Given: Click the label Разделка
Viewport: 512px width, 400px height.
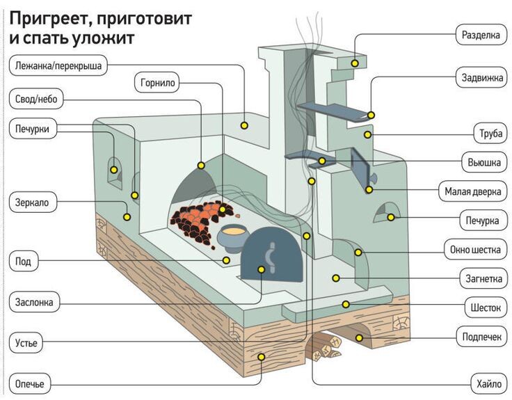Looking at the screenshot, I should coord(481,34).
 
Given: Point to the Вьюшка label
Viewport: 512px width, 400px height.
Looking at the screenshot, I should coord(483,163).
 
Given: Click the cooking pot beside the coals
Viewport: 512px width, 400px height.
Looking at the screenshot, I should coord(233,237).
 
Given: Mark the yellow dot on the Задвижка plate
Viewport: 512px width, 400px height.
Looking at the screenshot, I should coord(371,115).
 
